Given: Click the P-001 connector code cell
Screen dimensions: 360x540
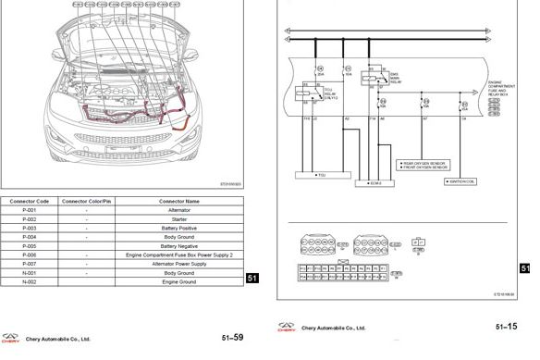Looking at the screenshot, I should coord(29,210).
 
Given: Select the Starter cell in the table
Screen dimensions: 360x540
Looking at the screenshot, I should coord(180,218).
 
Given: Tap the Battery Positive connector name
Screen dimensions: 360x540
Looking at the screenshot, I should coord(180,228).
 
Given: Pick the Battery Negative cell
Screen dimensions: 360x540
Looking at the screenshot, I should coord(180,245).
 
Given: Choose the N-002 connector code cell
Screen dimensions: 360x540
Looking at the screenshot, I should coord(29,281).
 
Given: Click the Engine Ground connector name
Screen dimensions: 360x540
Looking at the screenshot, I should coord(180,281).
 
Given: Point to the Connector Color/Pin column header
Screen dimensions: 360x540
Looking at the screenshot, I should coord(87,201).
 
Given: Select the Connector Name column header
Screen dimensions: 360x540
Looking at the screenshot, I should coord(180,201).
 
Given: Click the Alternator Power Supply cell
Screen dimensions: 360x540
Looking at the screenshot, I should coord(180,264).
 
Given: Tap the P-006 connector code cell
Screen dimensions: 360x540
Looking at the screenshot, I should coord(29,254).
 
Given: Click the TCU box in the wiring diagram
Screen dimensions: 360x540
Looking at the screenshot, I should coord(320,173).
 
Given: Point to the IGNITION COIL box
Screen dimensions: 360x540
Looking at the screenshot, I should coord(462,182).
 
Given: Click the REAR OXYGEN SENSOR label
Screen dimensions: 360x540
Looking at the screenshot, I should coord(424,164).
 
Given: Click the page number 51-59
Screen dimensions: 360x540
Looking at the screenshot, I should coord(234,337).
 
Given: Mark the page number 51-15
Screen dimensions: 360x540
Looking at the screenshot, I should coord(506,327).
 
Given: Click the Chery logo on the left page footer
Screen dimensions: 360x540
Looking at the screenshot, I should coord(11,337).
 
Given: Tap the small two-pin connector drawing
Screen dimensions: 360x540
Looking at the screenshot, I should coord(419,244).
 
